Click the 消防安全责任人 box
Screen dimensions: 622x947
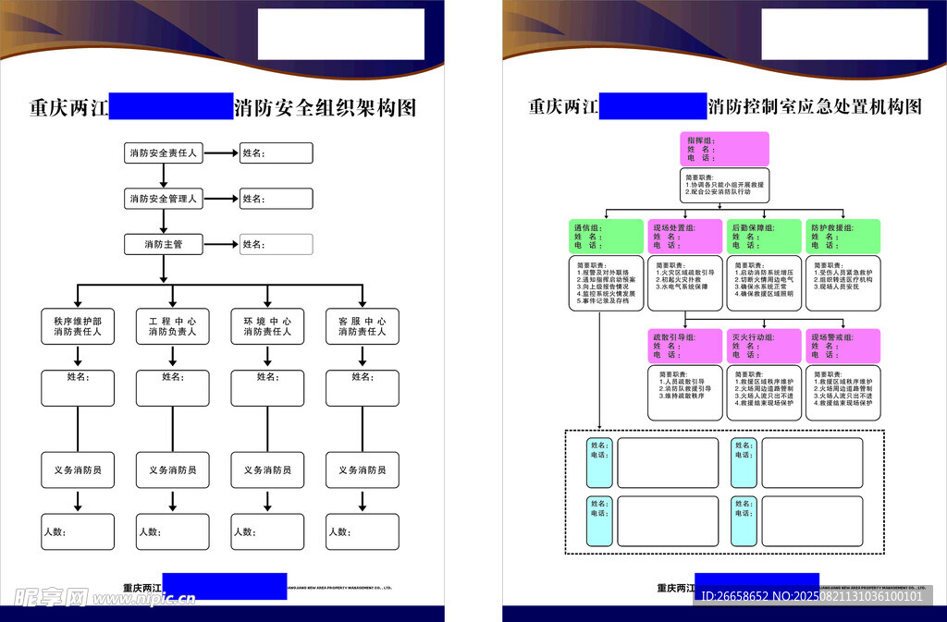pos(164,153)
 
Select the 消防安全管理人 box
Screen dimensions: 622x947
pos(164,199)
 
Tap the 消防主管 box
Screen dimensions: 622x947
pos(164,245)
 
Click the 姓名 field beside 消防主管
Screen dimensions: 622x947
pos(276,245)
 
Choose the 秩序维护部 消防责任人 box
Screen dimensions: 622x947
pos(78,326)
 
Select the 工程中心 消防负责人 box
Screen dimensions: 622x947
pos(173,326)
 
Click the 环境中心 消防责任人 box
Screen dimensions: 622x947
pos(267,326)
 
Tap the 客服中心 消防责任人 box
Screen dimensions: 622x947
pos(363,326)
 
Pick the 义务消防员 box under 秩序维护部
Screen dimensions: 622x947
pos(78,470)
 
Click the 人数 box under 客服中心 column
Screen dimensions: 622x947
pos(363,532)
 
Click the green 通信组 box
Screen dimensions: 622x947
pos(606,237)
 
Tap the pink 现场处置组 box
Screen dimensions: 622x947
pos(685,237)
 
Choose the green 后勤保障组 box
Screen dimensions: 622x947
pos(764,237)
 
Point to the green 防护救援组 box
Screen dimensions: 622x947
pos(842,237)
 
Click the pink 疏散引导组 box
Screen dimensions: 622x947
pos(685,346)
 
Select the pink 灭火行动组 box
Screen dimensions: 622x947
pos(764,346)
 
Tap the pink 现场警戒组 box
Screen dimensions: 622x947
pos(842,346)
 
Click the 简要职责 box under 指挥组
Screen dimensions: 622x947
pos(725,187)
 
